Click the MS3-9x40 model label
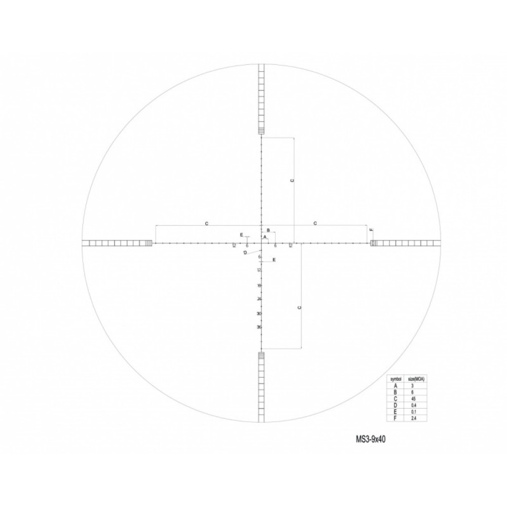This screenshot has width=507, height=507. click(371, 439)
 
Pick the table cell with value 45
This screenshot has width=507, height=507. click(413, 399)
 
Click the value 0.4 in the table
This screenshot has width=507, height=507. click(413, 405)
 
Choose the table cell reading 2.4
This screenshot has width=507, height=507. click(413, 418)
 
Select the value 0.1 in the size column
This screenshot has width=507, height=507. click(413, 411)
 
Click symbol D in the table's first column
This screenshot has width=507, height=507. click(395, 405)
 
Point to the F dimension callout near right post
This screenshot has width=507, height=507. click(372, 231)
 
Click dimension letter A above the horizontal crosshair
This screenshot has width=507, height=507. click(265, 237)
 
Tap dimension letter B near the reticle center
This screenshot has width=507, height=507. click(268, 230)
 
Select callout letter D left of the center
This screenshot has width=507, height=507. click(245, 252)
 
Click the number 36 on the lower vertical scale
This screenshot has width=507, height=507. click(259, 327)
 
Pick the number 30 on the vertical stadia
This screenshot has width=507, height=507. click(259, 314)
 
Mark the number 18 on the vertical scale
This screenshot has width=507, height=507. click(259, 286)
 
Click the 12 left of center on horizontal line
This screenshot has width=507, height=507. click(234, 246)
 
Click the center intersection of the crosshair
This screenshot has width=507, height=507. click(262, 243)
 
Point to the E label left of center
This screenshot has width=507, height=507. click(242, 235)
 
